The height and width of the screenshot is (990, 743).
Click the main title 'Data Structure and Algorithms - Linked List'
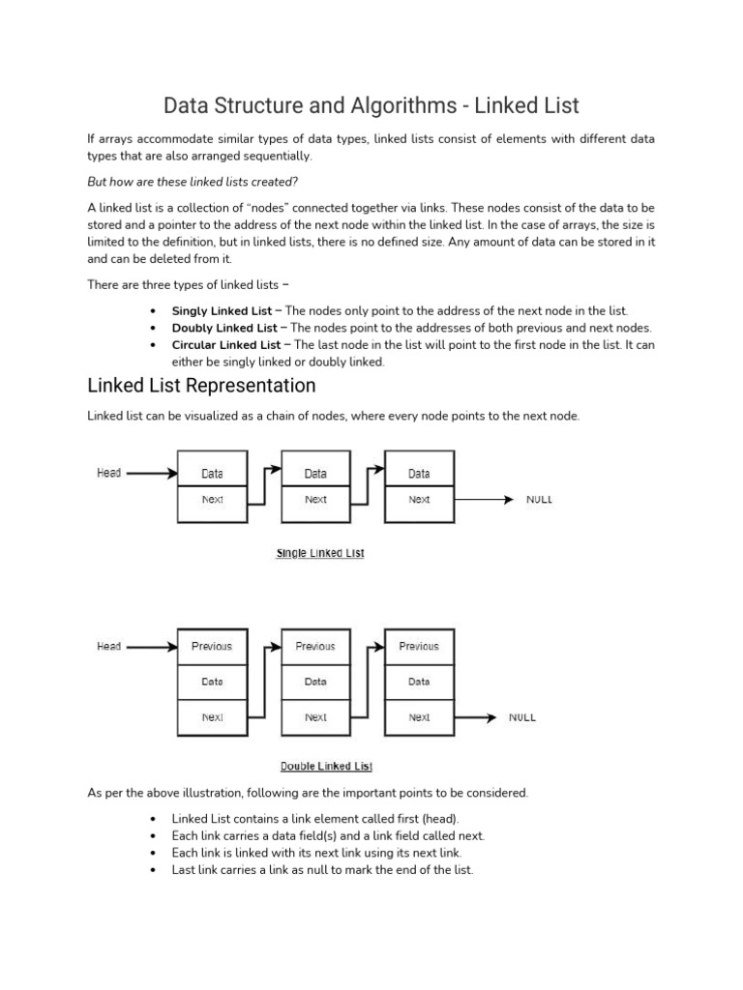371,103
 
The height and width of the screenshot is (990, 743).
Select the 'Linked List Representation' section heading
201,386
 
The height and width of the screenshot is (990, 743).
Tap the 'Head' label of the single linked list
109,473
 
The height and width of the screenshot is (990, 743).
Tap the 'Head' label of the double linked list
109,646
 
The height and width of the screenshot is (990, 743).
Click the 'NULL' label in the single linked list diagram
539,500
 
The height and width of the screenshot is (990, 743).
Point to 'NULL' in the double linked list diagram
522,717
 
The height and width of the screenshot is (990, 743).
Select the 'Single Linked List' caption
320,553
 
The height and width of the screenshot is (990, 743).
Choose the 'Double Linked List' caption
326,767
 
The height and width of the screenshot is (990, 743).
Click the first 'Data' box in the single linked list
212,474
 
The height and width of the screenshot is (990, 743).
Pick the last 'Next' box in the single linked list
419,500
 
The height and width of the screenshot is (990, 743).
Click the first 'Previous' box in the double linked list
212,646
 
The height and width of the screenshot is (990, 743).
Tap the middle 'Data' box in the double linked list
315,682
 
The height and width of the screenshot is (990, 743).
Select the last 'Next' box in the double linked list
419,717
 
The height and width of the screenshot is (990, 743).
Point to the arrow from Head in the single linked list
152,474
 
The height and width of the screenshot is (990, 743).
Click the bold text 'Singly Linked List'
222,311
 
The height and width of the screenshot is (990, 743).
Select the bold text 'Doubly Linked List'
223,329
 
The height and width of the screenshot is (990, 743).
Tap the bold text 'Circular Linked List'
225,345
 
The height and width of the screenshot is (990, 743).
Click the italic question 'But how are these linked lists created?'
193,182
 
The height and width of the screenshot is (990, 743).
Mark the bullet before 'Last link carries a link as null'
154,870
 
